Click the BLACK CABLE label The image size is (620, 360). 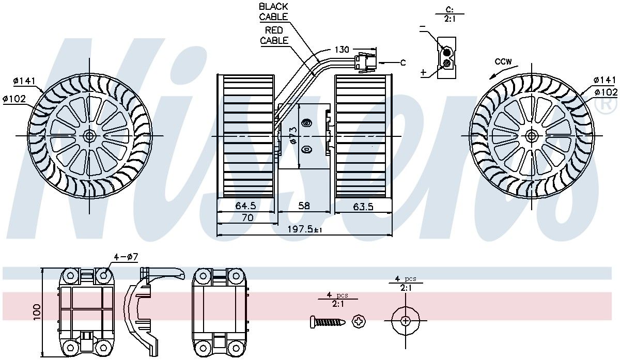click(273, 12)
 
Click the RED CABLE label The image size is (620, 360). click(274, 35)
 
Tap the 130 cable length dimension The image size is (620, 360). click(342, 50)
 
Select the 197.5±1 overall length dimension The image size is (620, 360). click(304, 229)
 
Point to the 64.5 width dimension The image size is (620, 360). click(245, 206)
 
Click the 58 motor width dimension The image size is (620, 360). click(304, 206)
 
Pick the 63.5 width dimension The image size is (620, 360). click(363, 207)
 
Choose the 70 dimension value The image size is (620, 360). click(247, 218)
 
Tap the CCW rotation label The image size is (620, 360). click(503, 61)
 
